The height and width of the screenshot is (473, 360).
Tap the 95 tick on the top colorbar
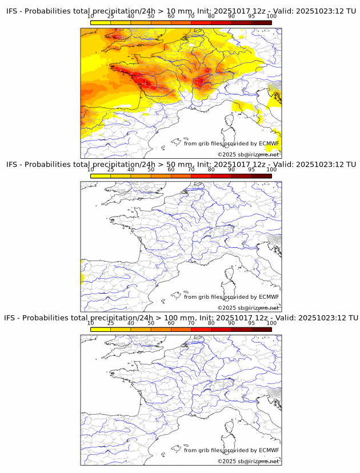(251, 16)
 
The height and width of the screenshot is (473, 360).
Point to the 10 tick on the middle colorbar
(91, 169)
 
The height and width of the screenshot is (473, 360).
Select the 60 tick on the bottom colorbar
(171, 323)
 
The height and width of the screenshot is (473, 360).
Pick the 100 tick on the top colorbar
(271, 16)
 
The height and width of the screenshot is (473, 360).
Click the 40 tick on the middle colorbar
(131, 169)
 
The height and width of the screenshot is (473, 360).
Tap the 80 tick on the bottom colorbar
(211, 323)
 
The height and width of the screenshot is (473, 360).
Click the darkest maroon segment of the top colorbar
(261, 22)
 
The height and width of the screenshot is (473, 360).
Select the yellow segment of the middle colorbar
(101, 175)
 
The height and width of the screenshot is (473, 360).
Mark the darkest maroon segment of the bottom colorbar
(261, 329)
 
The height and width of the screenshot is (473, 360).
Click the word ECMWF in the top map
(269, 143)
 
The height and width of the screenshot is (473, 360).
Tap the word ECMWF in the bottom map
(269, 450)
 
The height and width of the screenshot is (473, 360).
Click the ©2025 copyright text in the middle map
(226, 308)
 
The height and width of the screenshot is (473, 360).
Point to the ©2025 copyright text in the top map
(226, 155)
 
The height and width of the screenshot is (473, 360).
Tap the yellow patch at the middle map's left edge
(83, 279)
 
